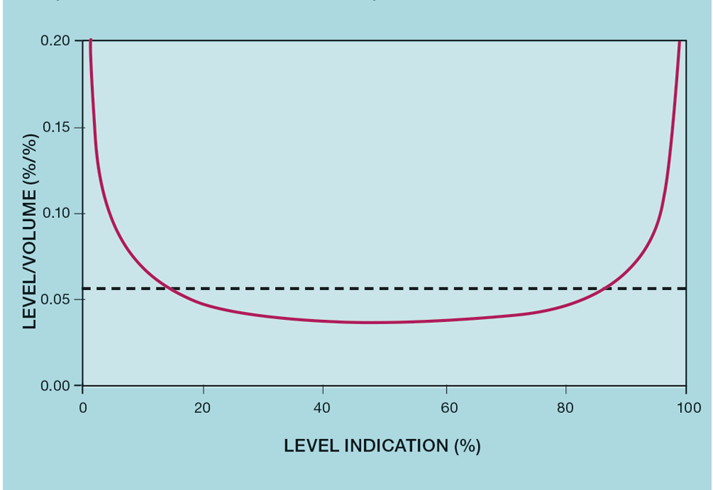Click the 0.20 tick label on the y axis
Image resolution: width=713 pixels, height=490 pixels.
(x=55, y=41)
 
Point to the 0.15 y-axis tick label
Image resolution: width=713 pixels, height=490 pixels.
(x=55, y=127)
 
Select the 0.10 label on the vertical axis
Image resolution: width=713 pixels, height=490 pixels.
(x=55, y=213)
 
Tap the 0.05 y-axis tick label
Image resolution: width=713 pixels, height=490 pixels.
(x=55, y=300)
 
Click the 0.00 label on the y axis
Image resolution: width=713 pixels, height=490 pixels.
(x=55, y=385)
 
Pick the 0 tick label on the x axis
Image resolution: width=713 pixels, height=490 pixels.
(x=83, y=407)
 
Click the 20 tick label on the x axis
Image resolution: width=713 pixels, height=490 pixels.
(x=202, y=407)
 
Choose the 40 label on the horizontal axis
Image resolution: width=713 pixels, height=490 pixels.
(x=322, y=407)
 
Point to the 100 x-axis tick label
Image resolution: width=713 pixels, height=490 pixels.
(x=686, y=407)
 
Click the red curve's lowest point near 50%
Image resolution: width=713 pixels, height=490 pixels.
(x=371, y=322)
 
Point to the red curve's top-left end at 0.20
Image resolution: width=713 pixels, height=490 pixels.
(x=90, y=41)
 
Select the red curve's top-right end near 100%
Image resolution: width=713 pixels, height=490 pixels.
(x=680, y=41)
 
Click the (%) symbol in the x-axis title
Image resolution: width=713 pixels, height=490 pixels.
(x=467, y=446)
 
